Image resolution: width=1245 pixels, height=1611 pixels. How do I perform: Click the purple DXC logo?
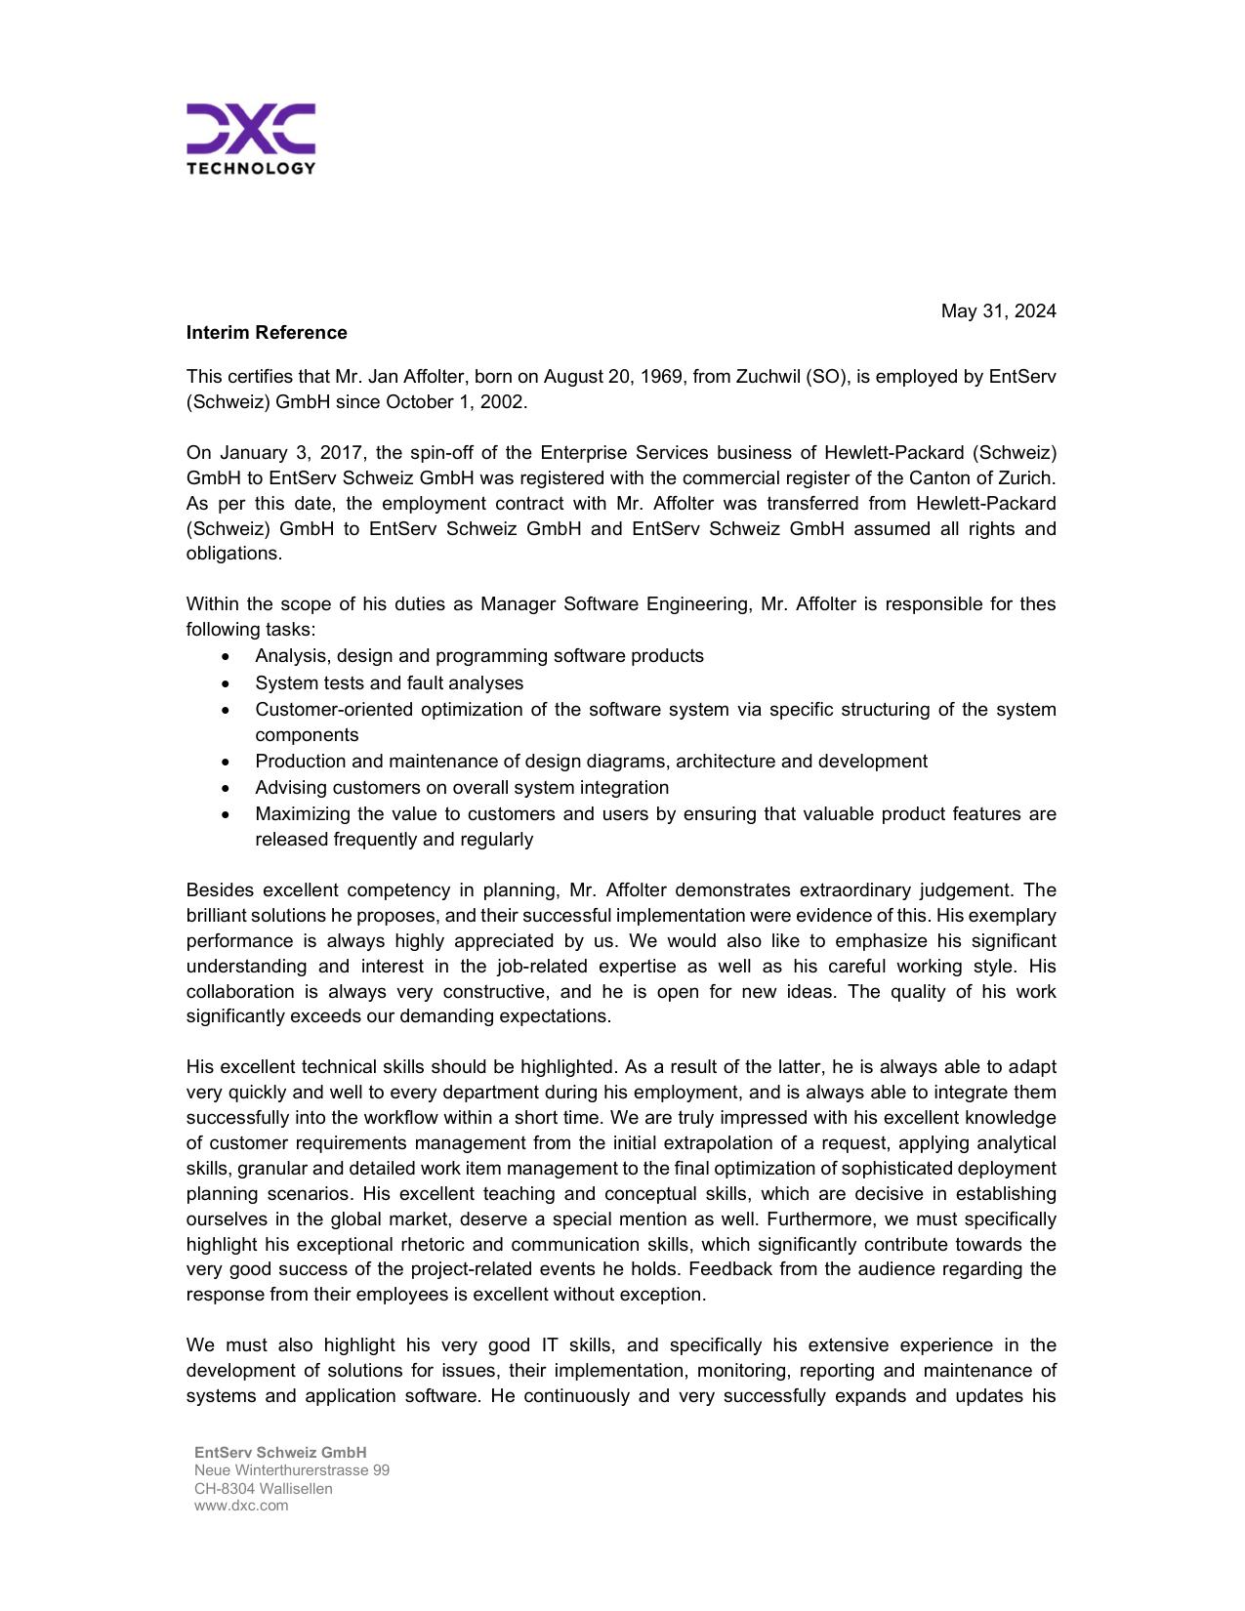250,128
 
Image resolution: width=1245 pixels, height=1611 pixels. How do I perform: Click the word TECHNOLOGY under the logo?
250,168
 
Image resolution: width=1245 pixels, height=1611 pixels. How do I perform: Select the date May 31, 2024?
998,311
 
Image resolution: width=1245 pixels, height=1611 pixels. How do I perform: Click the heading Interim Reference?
267,333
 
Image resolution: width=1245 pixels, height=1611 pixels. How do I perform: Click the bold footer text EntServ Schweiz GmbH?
280,1453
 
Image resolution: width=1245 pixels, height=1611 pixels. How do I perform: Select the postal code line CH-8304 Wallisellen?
263,1489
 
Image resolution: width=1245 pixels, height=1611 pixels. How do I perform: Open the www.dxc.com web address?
241,1506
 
